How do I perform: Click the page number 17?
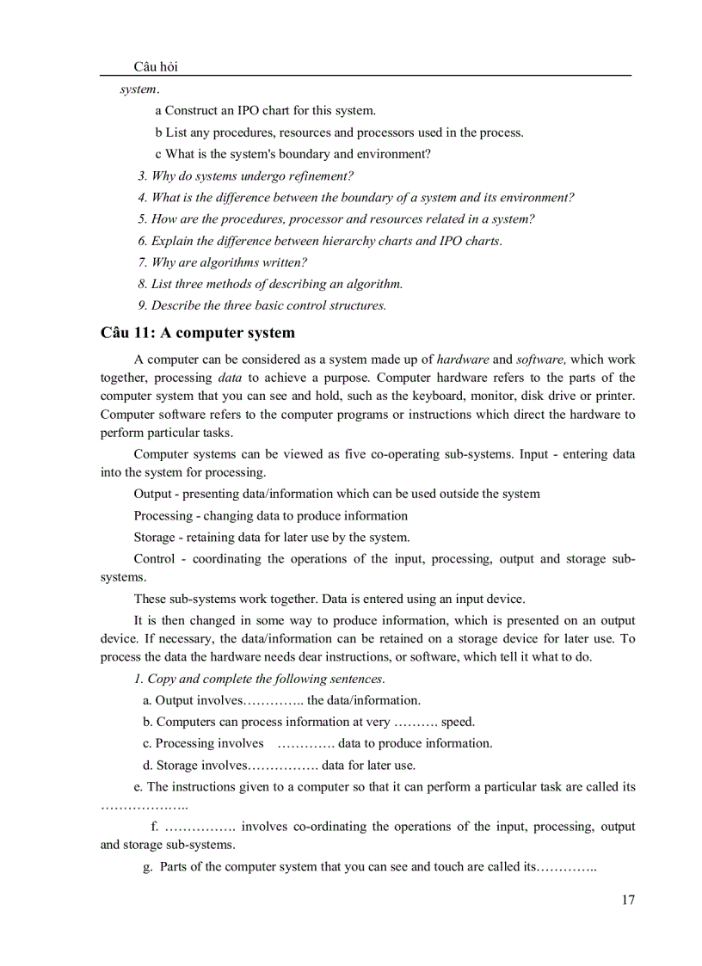(x=627, y=900)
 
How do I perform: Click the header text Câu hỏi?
(x=156, y=67)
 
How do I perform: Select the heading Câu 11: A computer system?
(x=198, y=333)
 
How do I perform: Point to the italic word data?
(x=230, y=378)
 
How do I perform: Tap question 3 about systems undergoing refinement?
(x=245, y=175)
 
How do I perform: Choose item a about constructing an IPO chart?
(x=265, y=110)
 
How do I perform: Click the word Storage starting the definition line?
(x=155, y=538)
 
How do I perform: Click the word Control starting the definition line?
(x=154, y=559)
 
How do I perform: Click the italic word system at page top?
(x=138, y=89)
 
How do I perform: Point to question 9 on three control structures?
(x=262, y=305)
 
